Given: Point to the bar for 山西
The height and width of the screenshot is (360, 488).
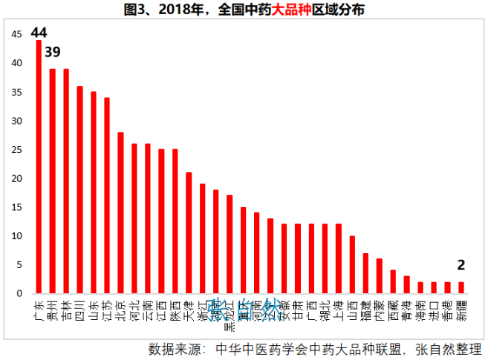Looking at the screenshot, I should [352, 265].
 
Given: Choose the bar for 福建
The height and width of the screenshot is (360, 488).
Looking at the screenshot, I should [365, 273].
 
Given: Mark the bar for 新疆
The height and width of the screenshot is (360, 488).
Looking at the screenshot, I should [461, 288].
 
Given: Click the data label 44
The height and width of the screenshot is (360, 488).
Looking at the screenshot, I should [39, 32].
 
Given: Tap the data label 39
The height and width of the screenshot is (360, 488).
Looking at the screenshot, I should [53, 52].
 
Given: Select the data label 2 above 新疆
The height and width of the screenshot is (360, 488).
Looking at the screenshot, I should [461, 265].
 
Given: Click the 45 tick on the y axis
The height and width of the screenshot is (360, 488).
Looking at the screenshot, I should [17, 35].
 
